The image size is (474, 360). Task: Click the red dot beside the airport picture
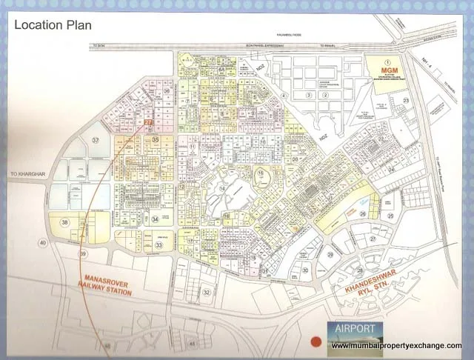coord(316,341)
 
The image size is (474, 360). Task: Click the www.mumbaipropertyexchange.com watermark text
coord(396,346)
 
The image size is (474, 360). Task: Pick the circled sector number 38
coord(65,222)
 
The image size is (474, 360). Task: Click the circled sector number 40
coord(43,243)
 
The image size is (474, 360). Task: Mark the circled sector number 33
coord(158,245)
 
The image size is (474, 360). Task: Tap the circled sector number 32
coord(207,292)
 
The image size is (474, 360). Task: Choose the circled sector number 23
coord(405,101)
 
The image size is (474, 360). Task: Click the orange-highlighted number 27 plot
coord(148,123)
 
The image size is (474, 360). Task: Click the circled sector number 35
coord(155,139)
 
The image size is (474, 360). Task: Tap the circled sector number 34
coord(156,219)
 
